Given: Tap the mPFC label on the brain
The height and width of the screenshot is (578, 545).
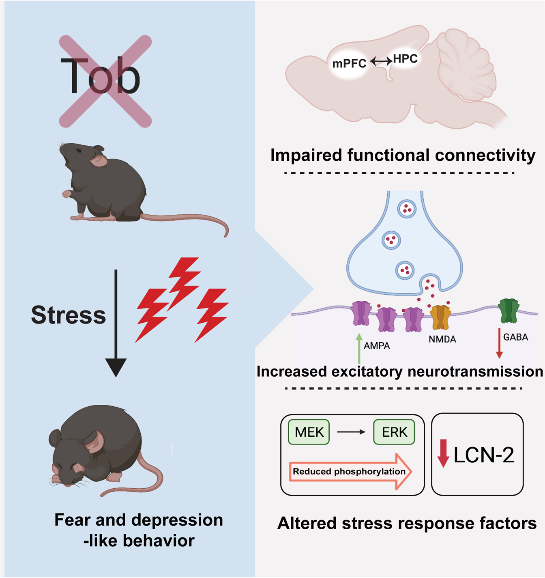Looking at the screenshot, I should [349, 64].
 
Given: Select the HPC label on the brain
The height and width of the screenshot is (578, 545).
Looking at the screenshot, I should [405, 59].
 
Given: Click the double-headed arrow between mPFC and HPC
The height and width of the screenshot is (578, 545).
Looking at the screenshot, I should [381, 61].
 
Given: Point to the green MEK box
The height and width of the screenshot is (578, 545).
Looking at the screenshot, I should [309, 432].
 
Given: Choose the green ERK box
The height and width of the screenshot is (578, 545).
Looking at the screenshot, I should [394, 432].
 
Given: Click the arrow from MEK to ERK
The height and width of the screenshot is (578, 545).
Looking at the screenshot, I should [351, 432].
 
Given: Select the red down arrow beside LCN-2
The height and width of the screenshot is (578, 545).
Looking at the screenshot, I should [443, 453].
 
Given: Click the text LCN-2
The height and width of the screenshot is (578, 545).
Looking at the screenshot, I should [484, 455].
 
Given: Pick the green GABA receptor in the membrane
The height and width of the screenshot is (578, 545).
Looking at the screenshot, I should [509, 311].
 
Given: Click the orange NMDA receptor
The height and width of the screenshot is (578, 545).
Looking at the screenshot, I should [440, 317].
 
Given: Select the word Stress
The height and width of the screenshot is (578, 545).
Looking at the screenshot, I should [68, 315].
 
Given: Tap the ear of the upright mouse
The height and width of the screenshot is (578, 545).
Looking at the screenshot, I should [99, 160].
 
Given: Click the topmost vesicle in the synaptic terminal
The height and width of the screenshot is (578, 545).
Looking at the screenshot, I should [407, 209].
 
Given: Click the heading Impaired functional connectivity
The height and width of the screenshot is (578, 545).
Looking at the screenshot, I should [403, 155].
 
